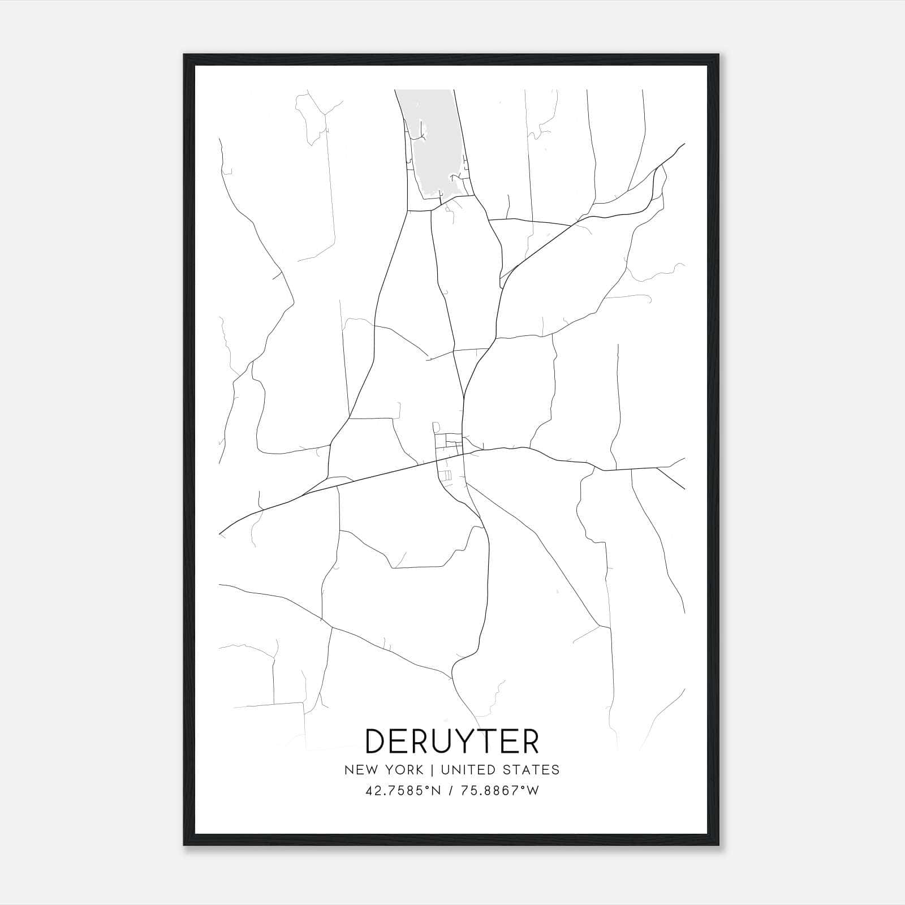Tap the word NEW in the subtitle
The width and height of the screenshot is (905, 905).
(360, 770)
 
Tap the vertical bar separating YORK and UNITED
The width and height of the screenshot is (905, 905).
(432, 770)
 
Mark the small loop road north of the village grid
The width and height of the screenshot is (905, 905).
(436, 427)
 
